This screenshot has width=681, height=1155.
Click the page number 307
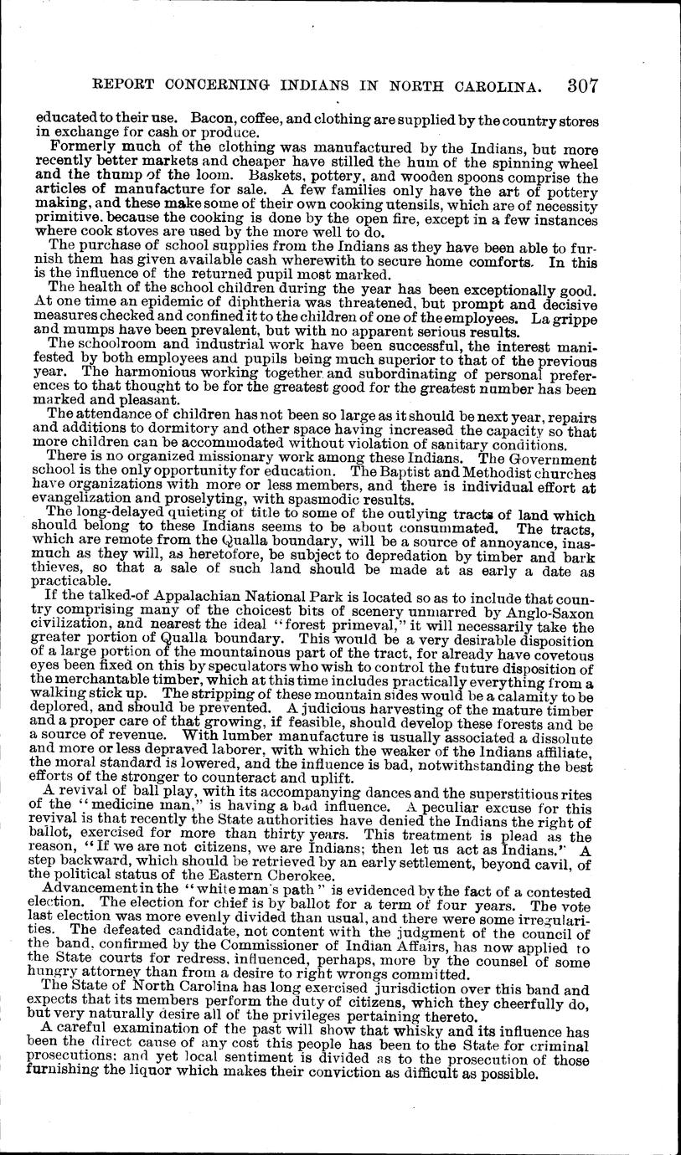pos(580,85)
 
